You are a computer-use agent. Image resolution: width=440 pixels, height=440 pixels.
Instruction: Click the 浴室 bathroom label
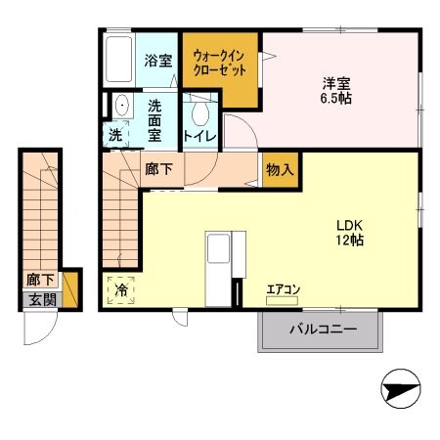pos(158,61)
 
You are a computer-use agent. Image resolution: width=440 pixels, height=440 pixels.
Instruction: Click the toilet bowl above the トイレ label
pos(200,110)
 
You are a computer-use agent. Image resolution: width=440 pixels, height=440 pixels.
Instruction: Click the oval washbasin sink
pos(122,106)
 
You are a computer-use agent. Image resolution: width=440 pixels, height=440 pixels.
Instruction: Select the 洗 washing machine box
pos(116,136)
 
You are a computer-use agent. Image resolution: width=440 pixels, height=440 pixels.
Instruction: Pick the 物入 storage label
pos(279,169)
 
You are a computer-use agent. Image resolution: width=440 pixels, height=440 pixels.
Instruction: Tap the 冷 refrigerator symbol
pos(122,289)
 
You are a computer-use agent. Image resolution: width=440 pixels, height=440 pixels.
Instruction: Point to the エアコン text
pos(284,287)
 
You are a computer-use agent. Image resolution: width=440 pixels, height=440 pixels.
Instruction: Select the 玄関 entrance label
pos(40,300)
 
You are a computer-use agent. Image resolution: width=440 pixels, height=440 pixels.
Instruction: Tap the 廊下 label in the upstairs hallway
pos(158,169)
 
